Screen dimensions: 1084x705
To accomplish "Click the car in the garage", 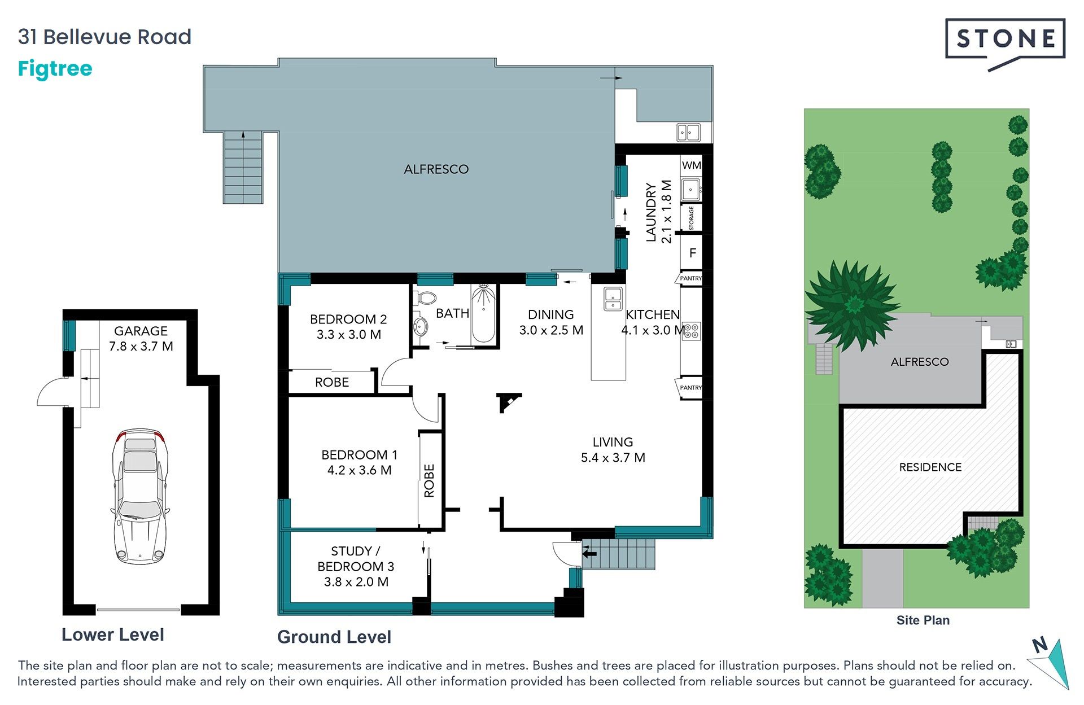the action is (140, 497).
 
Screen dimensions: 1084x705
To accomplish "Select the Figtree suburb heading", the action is (55, 69).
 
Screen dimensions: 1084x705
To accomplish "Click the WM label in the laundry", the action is (692, 165).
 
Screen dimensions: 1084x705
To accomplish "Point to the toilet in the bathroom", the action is (426, 297).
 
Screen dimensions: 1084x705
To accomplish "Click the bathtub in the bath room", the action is (483, 314).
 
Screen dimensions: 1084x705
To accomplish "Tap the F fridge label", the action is (693, 253).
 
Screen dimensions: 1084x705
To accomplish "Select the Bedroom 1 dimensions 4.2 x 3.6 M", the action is (360, 470).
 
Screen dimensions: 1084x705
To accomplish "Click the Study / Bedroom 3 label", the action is (356, 559).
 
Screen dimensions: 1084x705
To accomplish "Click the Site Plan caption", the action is (923, 620).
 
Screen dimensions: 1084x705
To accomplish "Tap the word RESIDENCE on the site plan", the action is (930, 467).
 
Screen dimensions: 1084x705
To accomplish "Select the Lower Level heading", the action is (113, 635).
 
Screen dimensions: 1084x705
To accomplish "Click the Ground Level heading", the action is (334, 637).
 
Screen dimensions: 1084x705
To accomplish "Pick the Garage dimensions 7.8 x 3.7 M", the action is (141, 347).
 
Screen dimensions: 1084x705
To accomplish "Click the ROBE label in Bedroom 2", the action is (332, 382).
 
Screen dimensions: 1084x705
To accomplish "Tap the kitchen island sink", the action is (613, 299).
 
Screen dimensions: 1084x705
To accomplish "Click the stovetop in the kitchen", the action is (692, 331).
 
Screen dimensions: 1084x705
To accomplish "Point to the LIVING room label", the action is (613, 442).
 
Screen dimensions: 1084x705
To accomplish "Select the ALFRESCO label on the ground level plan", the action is (436, 169).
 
